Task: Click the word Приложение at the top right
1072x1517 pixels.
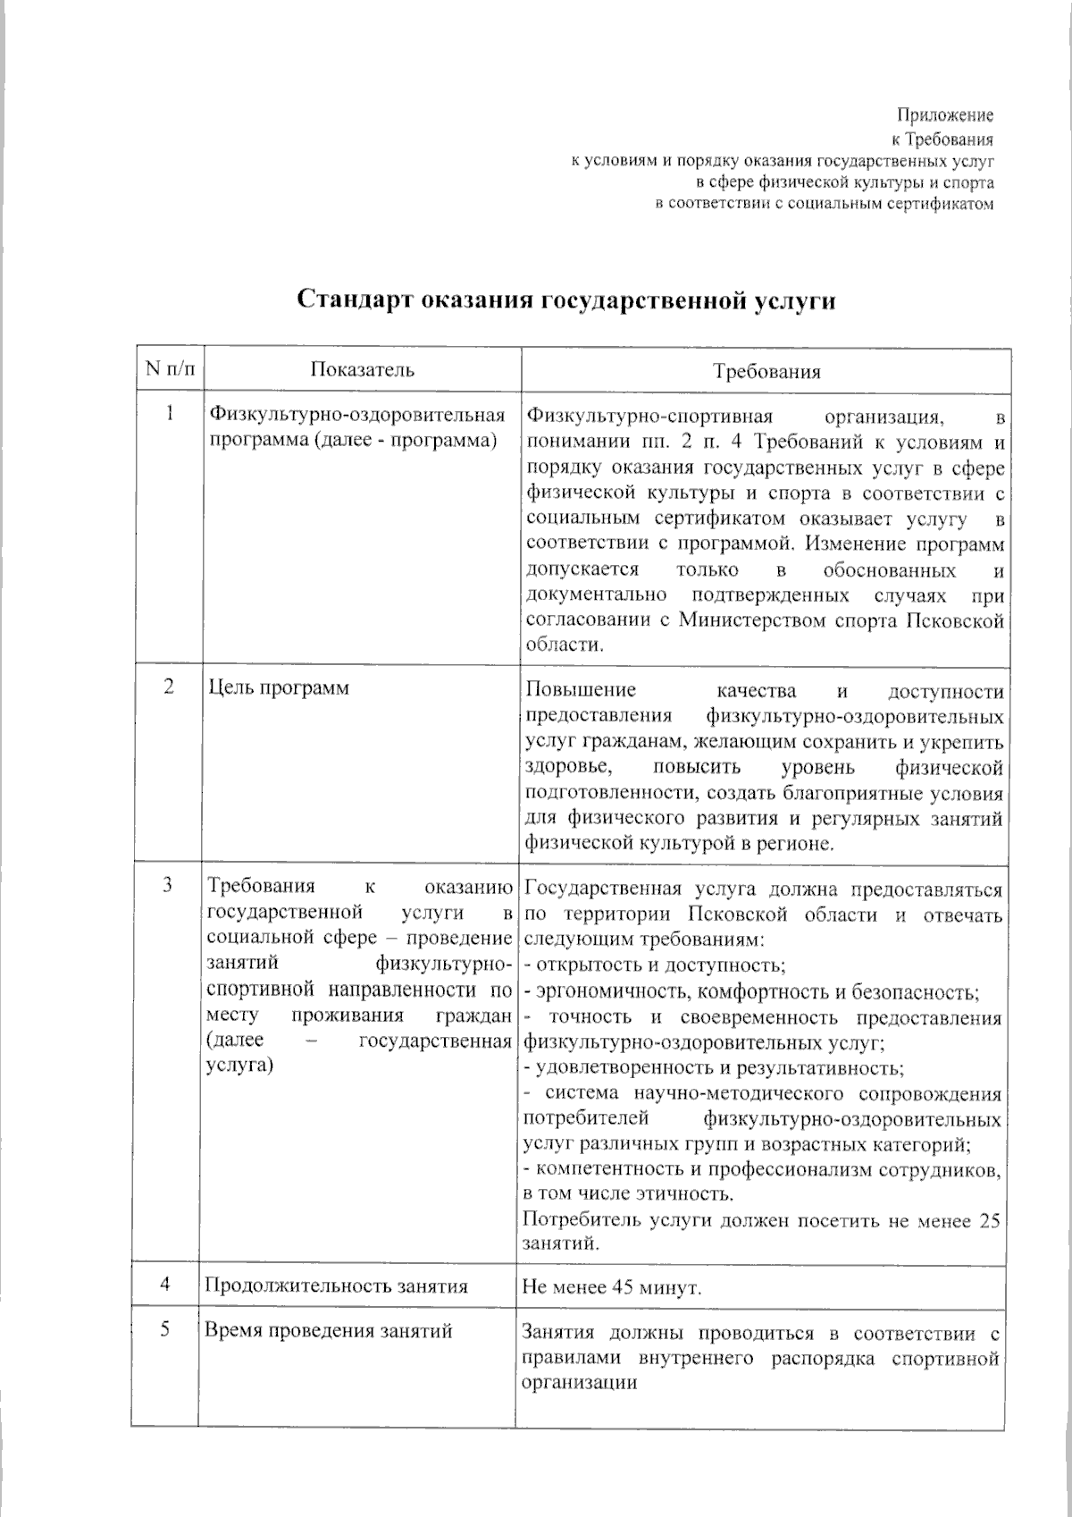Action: pyautogui.click(x=945, y=115)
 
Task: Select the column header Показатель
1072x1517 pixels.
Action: pyautogui.click(x=362, y=370)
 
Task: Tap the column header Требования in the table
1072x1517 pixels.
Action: pyautogui.click(x=766, y=372)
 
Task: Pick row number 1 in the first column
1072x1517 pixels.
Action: pyautogui.click(x=170, y=414)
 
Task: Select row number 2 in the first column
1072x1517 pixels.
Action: pyautogui.click(x=169, y=687)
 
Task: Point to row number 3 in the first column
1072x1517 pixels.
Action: pyautogui.click(x=168, y=885)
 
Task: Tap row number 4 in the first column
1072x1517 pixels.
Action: pyautogui.click(x=166, y=1285)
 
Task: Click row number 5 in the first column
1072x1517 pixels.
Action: pyautogui.click(x=166, y=1329)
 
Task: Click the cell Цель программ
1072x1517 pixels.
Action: pyautogui.click(x=278, y=688)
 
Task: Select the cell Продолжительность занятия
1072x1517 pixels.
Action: pyautogui.click(x=336, y=1286)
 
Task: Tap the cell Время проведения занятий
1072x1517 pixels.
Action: pyautogui.click(x=329, y=1331)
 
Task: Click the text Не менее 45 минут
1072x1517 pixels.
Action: pyautogui.click(x=612, y=1288)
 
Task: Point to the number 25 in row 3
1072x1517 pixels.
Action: pyautogui.click(x=989, y=1221)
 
